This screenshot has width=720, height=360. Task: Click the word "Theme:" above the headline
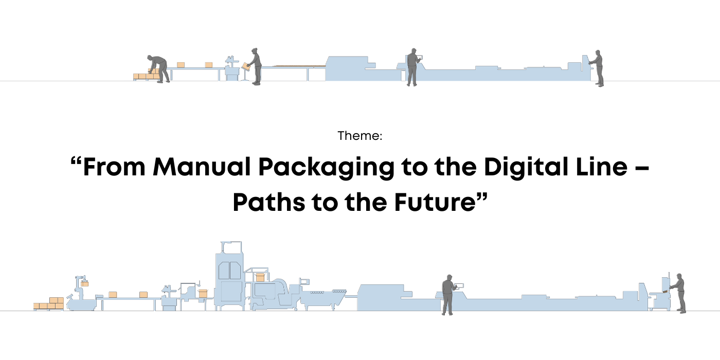[x=359, y=136]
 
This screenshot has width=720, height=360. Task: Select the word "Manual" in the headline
[x=202, y=167]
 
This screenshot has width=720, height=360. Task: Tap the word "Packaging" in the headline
[x=326, y=168]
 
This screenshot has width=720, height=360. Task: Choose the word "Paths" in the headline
[x=268, y=203]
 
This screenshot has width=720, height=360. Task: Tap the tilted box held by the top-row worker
[x=246, y=66]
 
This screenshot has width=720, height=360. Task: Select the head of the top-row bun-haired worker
[x=255, y=51]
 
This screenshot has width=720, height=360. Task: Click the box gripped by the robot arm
[x=84, y=284]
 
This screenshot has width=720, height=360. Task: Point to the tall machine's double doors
[x=229, y=271]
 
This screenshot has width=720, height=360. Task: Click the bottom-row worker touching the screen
[x=448, y=294]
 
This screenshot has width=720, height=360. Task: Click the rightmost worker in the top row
[x=597, y=68]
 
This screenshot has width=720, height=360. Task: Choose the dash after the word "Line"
[x=642, y=169]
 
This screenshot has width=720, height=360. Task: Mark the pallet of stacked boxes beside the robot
[x=49, y=304]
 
